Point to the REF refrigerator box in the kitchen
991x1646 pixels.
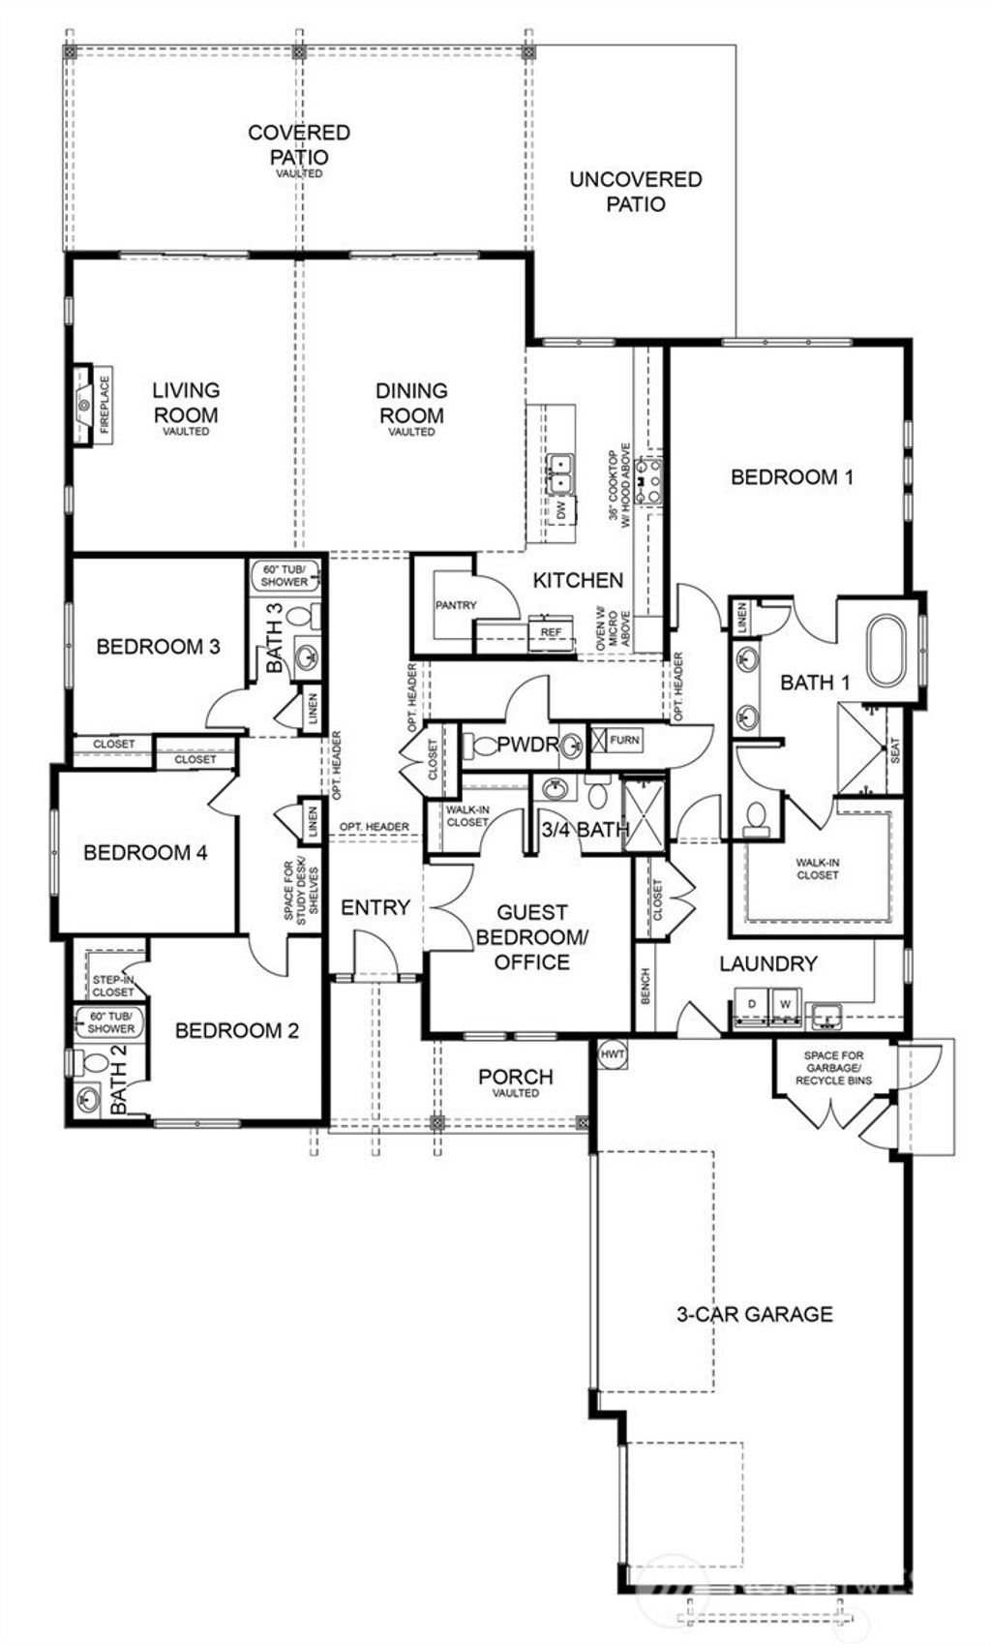click(551, 631)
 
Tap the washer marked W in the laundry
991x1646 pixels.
click(785, 1004)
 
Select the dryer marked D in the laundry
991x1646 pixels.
click(751, 1004)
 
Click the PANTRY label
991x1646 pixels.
click(456, 605)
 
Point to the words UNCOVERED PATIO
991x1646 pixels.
click(636, 191)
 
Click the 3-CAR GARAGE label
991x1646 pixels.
click(754, 1314)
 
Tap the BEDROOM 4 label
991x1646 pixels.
click(145, 853)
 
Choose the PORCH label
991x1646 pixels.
click(516, 1077)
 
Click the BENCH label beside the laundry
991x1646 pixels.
click(646, 987)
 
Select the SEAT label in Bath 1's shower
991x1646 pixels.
click(894, 749)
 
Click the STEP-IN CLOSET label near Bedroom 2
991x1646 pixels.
click(113, 986)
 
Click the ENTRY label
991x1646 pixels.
click(375, 907)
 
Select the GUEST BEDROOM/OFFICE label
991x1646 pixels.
click(532, 936)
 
